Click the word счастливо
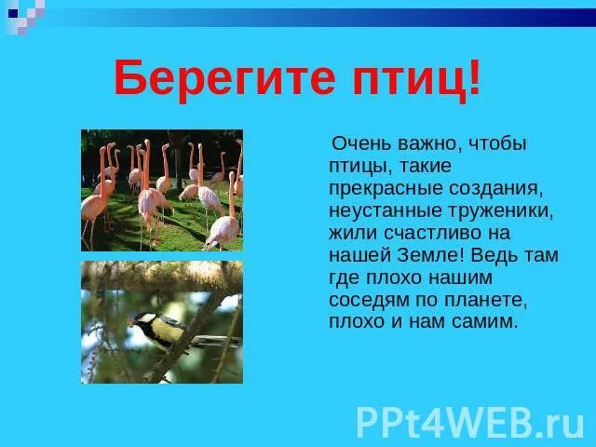tap(416, 234)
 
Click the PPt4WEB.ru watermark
tap(470, 421)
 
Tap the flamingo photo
tap(161, 190)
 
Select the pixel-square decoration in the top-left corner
tap(23, 14)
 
